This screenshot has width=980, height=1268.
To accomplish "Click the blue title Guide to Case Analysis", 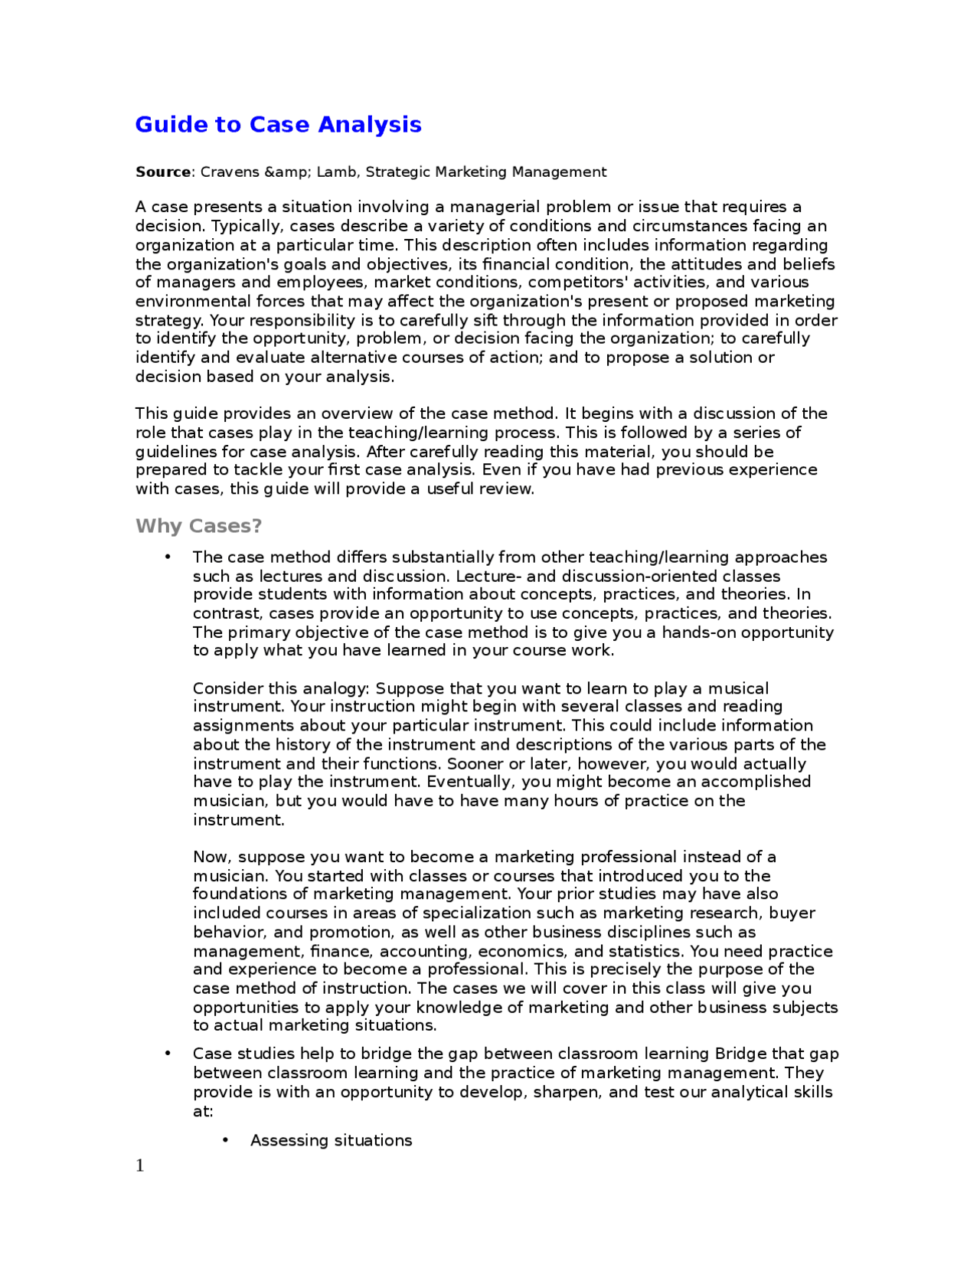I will [278, 124].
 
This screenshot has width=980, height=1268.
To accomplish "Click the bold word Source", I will [162, 172].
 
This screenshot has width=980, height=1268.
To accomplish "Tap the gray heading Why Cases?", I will [198, 526].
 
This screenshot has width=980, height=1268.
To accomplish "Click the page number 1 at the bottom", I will [140, 1165].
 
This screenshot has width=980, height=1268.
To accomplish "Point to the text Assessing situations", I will [331, 1140].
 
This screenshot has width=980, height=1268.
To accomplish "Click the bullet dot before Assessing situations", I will [225, 1140].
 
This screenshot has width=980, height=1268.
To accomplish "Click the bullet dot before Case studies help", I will [168, 1054].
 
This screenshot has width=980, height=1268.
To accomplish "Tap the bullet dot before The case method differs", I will [168, 557].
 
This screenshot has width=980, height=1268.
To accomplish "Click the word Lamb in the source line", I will [337, 172].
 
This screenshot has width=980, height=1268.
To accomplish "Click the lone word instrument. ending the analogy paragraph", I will [238, 820].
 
